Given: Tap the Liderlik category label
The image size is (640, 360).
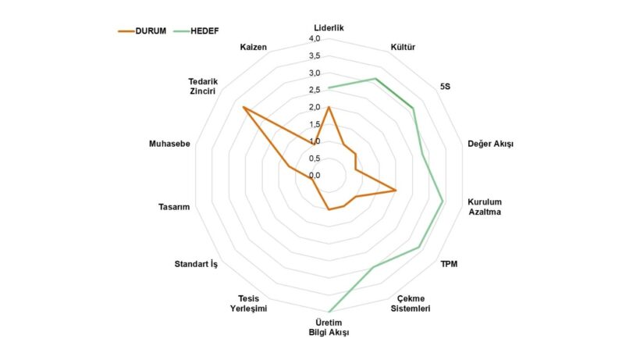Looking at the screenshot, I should pyautogui.click(x=329, y=27).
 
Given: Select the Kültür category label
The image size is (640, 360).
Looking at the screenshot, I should pyautogui.click(x=403, y=48).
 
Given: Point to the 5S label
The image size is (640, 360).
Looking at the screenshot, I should pyautogui.click(x=445, y=87).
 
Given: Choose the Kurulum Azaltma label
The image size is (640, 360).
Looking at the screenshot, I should pyautogui.click(x=485, y=206).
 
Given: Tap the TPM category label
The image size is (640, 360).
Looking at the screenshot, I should pyautogui.click(x=449, y=264).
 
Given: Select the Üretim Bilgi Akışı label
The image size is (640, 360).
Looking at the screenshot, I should pyautogui.click(x=329, y=327).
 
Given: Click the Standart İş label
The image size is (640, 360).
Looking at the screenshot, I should pyautogui.click(x=196, y=264).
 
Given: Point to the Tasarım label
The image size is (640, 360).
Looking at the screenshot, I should pyautogui.click(x=174, y=206).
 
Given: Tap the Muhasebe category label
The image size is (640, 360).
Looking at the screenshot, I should pyautogui.click(x=169, y=144).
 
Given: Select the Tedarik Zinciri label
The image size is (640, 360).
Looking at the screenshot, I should pyautogui.click(x=202, y=86).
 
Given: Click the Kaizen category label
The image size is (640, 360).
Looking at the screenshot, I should pyautogui.click(x=254, y=48).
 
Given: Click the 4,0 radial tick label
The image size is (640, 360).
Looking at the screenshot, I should pyautogui.click(x=315, y=38).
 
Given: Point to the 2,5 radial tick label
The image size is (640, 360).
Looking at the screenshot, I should pyautogui.click(x=315, y=90).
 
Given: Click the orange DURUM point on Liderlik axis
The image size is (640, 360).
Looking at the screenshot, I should pyautogui.click(x=329, y=107).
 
